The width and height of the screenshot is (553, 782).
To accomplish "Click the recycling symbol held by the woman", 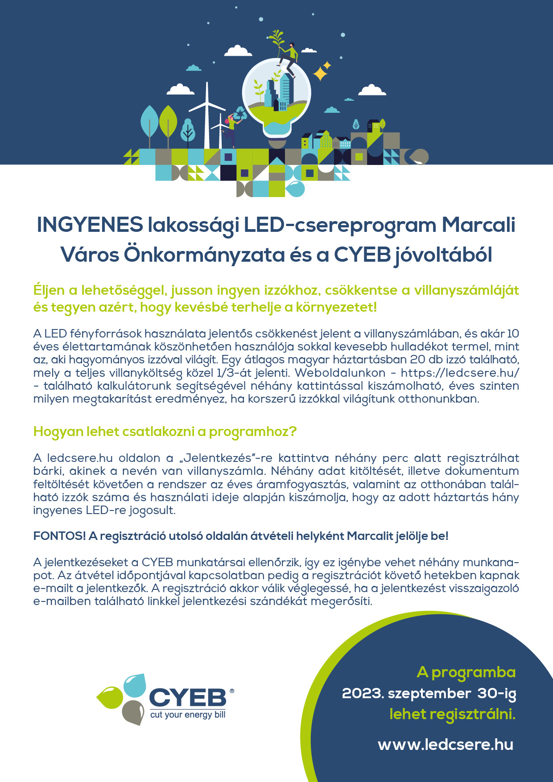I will pyautogui.click(x=240, y=114).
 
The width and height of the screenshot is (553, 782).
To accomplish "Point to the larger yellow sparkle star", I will pyautogui.click(x=320, y=74).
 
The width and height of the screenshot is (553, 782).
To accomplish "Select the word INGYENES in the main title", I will pyautogui.click(x=90, y=225).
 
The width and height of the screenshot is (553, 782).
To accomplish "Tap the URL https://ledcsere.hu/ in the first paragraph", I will pyautogui.click(x=460, y=373).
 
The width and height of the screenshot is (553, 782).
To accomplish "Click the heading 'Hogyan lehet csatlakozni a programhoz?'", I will pyautogui.click(x=165, y=432).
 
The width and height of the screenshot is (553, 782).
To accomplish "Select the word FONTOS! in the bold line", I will pyautogui.click(x=59, y=536).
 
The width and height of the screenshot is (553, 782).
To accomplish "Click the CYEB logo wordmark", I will pyautogui.click(x=187, y=698).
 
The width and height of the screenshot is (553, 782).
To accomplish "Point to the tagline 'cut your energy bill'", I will pyautogui.click(x=188, y=715).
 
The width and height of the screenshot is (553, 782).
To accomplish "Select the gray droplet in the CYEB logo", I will pyautogui.click(x=133, y=712).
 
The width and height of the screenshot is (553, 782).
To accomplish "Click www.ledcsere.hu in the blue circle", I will pyautogui.click(x=446, y=745).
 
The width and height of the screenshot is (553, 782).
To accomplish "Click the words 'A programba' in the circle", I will pyautogui.click(x=466, y=672).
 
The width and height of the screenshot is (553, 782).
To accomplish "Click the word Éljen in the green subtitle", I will pyautogui.click(x=49, y=290).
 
